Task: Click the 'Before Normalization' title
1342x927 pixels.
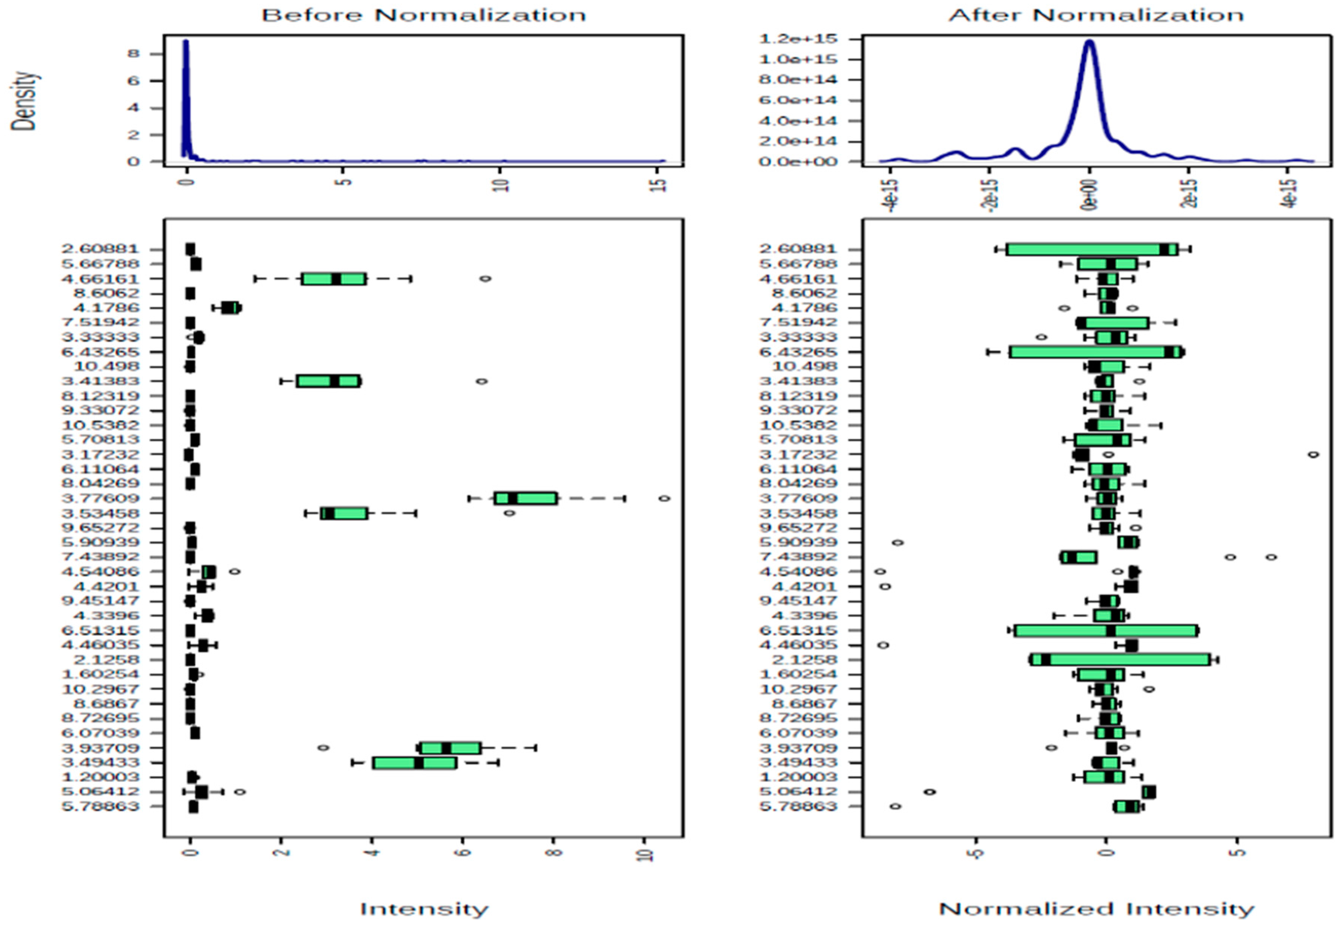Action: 424,15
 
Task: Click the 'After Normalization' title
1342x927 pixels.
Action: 1096,15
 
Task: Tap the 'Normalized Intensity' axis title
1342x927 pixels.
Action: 1096,908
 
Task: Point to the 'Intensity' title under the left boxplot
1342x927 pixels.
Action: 424,908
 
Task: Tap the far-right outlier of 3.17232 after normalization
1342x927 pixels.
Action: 1313,454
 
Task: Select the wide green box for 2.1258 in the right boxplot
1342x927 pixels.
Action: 1120,660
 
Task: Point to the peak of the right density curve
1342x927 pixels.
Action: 1090,41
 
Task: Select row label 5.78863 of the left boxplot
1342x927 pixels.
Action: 100,807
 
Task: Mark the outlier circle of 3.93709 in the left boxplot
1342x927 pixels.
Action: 323,748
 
